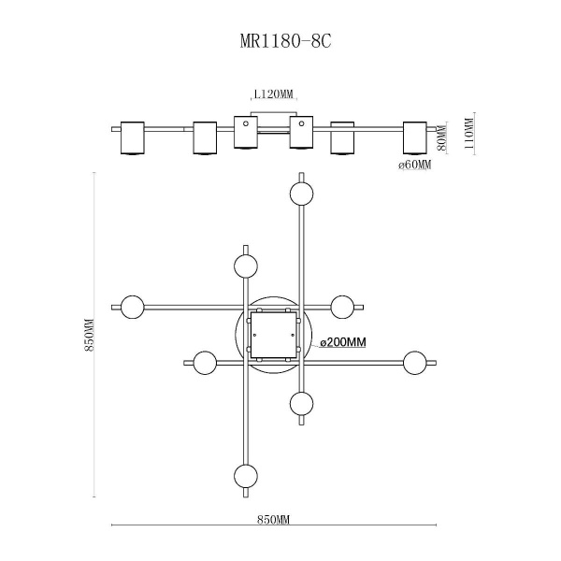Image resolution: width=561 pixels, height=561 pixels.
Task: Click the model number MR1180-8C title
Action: tap(280, 43)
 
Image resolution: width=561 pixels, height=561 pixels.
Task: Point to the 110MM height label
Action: tap(468, 133)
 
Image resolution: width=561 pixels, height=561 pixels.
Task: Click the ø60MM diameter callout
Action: tap(414, 165)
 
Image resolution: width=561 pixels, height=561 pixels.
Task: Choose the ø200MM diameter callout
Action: tap(342, 343)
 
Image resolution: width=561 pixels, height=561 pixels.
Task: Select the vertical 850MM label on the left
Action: tap(90, 337)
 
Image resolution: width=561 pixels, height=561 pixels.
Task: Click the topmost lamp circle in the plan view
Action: tap(301, 194)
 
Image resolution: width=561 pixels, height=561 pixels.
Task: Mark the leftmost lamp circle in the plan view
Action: tap(132, 306)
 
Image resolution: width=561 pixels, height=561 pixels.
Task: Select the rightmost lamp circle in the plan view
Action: tap(414, 361)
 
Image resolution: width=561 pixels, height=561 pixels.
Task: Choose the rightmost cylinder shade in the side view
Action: tap(414, 138)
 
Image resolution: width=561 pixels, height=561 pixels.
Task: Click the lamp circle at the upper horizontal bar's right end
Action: tap(342, 306)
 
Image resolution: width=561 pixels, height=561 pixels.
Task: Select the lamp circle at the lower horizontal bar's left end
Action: tap(205, 361)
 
